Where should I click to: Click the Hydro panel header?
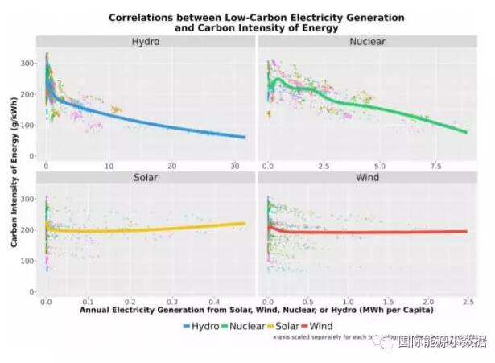pos(145,42)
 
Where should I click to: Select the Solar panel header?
pos(145,177)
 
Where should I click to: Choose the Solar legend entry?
pos(289,325)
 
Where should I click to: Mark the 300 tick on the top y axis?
pos(28,62)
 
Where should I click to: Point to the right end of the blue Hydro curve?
pos(245,137)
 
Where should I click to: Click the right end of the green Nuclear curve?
pos(466,132)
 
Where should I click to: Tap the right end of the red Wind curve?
pos(467,232)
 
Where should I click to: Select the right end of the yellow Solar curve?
pos(245,224)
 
